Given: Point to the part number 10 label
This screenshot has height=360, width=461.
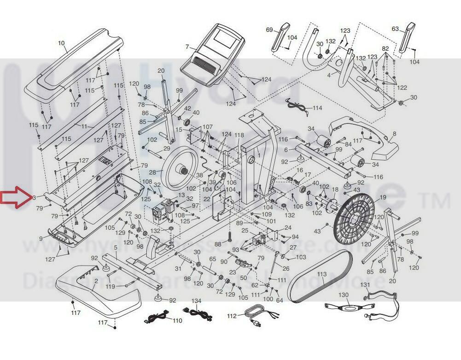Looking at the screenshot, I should [61, 43].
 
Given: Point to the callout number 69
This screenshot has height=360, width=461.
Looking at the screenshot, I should [269, 30].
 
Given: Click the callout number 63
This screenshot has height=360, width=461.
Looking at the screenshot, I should [395, 29].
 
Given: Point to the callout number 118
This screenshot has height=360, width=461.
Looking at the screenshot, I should [239, 135].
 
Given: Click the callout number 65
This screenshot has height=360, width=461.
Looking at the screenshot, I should [212, 260].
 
